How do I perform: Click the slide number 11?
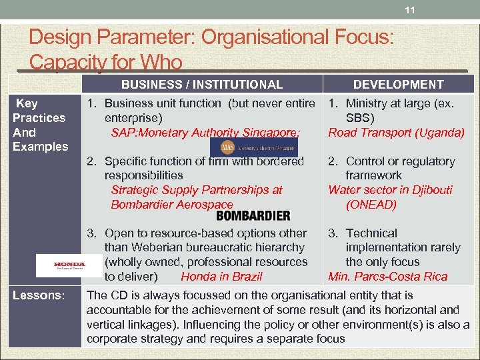(410, 9)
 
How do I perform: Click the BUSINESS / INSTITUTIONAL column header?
(201, 85)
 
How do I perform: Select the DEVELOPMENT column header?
(398, 85)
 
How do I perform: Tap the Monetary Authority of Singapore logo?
(254, 147)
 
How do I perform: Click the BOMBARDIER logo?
(253, 216)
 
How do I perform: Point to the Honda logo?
(69, 265)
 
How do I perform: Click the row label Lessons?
(39, 295)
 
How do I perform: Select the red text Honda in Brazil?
(221, 277)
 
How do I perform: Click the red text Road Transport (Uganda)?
(396, 133)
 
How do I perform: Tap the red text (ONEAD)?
(371, 205)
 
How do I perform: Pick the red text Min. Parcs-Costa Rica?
(387, 277)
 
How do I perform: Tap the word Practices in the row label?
(39, 118)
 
